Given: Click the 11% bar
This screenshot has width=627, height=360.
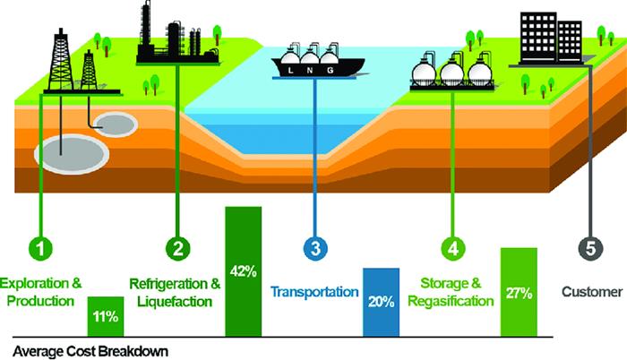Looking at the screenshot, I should (x=106, y=316).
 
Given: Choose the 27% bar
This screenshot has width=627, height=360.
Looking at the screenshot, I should (x=518, y=292).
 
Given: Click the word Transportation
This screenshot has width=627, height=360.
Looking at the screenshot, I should (x=315, y=292).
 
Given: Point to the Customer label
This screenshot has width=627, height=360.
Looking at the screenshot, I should (x=591, y=292).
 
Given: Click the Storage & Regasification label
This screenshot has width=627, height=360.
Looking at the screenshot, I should (x=451, y=292).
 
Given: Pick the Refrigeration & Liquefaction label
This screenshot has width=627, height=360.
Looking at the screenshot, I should (x=176, y=292).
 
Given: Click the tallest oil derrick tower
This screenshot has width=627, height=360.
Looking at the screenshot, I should (x=61, y=58).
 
